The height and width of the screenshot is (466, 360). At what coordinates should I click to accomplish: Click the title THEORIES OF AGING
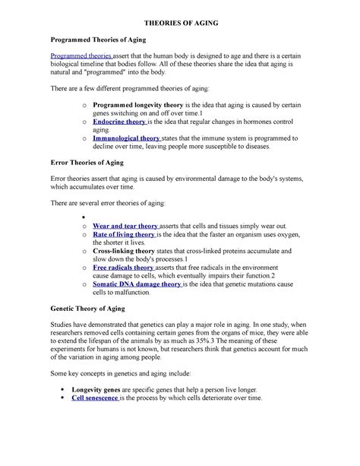[179, 24]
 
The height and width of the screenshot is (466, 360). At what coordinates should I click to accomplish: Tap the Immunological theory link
[126, 139]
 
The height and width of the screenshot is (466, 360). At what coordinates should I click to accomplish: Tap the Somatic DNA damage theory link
[137, 284]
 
